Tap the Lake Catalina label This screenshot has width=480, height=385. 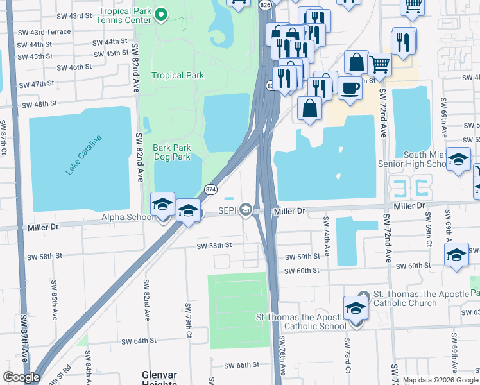84,155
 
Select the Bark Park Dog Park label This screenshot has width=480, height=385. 171,152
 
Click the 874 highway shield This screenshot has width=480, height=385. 210,189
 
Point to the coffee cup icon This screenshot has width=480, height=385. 350,89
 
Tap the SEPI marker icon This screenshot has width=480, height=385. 245,210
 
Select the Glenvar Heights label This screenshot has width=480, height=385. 159,377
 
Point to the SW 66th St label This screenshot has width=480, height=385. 241,365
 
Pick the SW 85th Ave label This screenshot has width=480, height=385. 54,295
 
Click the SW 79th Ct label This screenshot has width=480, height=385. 188,313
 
